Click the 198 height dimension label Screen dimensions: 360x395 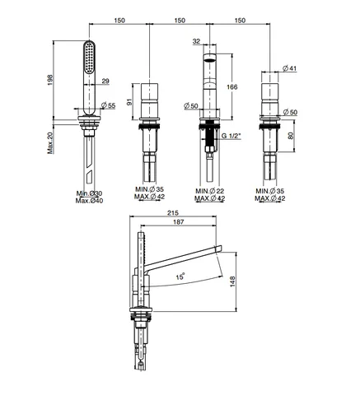(x=50, y=80)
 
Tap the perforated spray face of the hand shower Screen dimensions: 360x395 (x=89, y=58)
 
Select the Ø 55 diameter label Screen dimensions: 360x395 (x=108, y=105)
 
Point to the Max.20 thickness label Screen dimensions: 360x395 (x=50, y=142)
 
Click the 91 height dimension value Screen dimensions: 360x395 (x=129, y=102)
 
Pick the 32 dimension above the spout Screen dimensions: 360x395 (x=196, y=41)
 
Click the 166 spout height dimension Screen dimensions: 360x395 (x=231, y=87)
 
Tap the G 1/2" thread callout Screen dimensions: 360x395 (x=231, y=136)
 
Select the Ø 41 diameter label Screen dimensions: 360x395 (x=290, y=67)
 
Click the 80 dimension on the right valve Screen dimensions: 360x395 (x=291, y=136)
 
